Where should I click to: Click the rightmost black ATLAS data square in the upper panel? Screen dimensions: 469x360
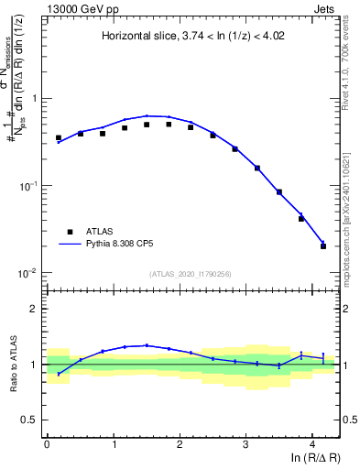(x=323, y=246)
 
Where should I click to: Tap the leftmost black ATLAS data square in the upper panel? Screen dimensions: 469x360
(x=59, y=137)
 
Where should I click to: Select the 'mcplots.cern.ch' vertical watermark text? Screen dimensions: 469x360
(x=350, y=266)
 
